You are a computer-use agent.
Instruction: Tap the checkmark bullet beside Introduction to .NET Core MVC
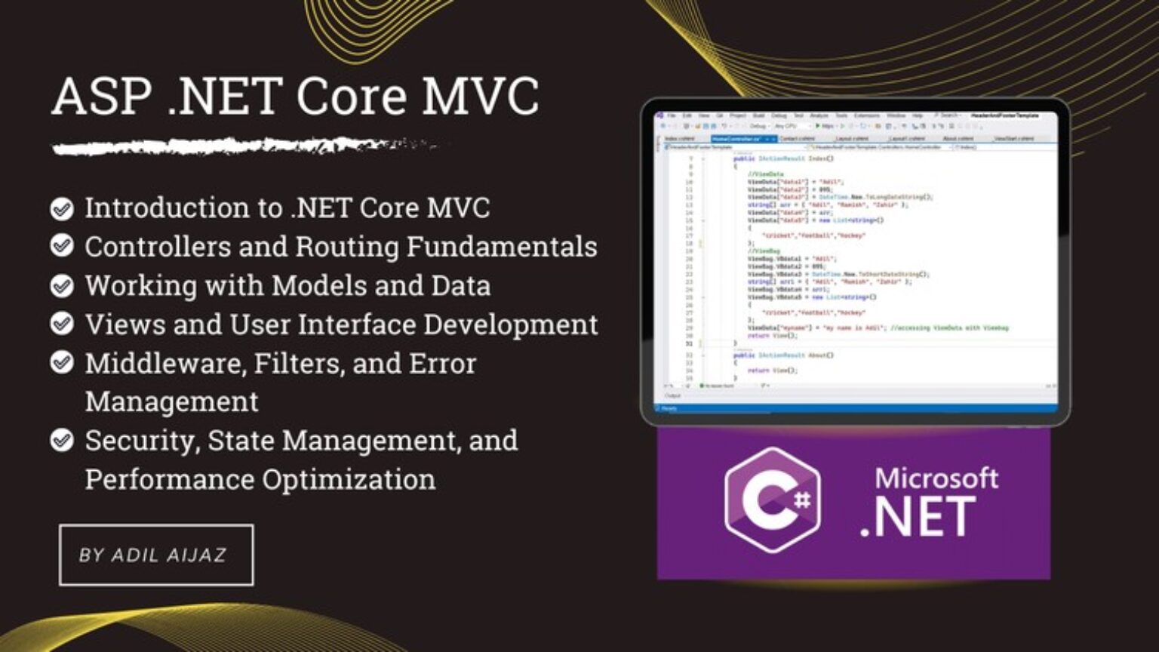pyautogui.click(x=62, y=208)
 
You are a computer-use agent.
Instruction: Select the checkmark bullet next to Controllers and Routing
pyautogui.click(x=62, y=246)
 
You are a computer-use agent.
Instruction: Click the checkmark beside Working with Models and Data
pyautogui.click(x=62, y=286)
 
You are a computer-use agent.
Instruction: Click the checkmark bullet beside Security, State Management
pyautogui.click(x=62, y=441)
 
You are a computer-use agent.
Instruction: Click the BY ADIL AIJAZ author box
pyautogui.click(x=156, y=555)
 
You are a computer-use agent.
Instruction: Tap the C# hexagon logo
pyautogui.click(x=772, y=500)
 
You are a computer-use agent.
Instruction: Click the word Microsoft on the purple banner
pyautogui.click(x=936, y=478)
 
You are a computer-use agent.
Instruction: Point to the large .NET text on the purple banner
pyautogui.click(x=918, y=518)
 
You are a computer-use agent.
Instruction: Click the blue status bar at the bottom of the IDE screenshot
pyautogui.click(x=855, y=408)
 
